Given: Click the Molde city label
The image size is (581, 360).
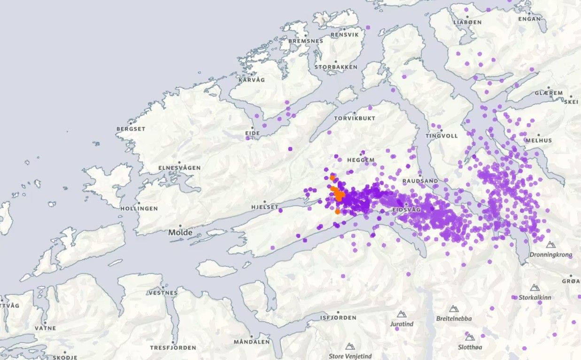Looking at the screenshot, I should [x=181, y=233].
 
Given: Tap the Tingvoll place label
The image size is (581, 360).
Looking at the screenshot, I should [x=442, y=136].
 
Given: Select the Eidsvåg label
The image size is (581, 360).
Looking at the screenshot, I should [x=406, y=210].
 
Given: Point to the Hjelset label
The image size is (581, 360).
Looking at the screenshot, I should [x=264, y=207].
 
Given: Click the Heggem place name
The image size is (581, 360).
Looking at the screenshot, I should [x=361, y=160].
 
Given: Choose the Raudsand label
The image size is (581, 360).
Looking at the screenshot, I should [x=420, y=181].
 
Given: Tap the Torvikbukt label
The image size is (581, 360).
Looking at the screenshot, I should [x=355, y=118].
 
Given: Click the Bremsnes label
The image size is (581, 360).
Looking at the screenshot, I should [x=306, y=41].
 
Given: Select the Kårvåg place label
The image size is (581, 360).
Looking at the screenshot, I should [x=252, y=80].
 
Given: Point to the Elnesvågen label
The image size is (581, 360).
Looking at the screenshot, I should [x=179, y=168].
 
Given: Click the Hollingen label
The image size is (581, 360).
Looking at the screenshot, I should [x=139, y=209].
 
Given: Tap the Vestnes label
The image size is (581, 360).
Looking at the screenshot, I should [x=163, y=292].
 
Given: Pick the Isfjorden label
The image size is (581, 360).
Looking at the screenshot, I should [x=338, y=318].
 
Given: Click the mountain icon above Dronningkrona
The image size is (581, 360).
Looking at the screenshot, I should [x=550, y=245].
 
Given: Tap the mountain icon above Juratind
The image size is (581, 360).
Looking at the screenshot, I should [x=402, y=314].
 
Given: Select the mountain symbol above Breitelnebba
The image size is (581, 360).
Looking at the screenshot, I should [x=453, y=309].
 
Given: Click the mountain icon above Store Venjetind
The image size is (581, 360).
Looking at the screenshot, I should [x=349, y=346].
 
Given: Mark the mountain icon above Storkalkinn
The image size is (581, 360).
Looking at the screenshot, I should [x=535, y=288].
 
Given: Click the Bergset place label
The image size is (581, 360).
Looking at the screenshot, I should [x=131, y=129].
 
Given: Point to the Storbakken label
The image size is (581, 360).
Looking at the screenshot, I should [x=336, y=67].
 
